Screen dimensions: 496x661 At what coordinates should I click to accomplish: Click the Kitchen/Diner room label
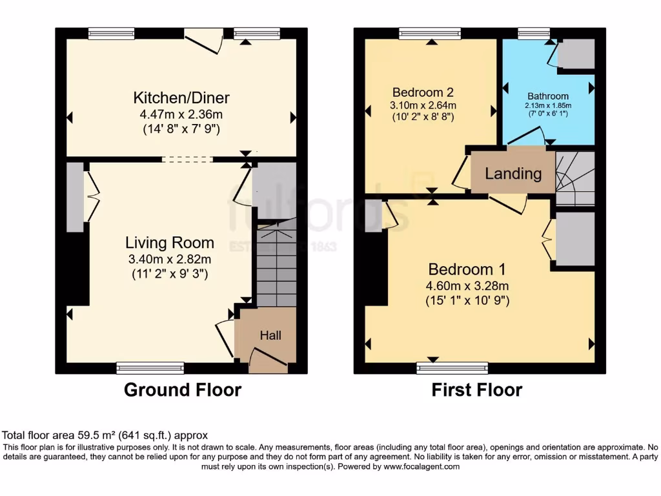coord(181,98)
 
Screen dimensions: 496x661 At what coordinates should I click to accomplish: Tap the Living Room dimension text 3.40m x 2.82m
coord(170,260)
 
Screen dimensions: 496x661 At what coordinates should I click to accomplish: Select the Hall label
coord(270,335)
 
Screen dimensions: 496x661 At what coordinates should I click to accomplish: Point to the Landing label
coord(513,174)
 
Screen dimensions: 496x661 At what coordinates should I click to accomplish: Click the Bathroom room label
coord(548,96)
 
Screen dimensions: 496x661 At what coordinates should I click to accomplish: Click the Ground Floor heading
coord(183,390)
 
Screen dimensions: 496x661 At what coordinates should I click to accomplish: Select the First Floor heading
coord(476,390)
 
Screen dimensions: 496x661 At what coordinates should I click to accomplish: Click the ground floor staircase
coord(276,265)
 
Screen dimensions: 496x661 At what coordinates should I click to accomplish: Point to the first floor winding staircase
coord(575,179)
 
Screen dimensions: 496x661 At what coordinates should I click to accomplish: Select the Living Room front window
coord(150,368)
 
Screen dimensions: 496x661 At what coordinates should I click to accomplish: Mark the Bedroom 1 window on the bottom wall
coord(452,368)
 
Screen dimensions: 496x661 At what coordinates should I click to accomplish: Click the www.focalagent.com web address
coord(421,466)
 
